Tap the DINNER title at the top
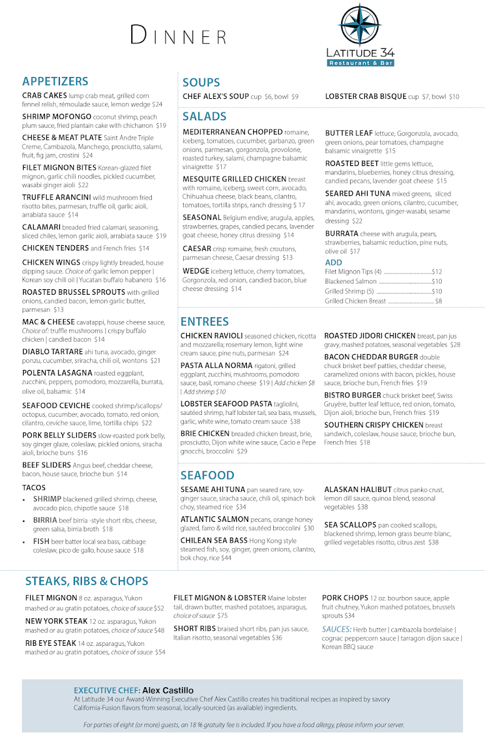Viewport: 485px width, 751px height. point(178,36)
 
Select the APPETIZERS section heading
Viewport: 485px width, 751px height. point(55,81)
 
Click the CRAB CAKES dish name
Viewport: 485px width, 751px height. point(45,95)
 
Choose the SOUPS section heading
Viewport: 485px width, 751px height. point(201,83)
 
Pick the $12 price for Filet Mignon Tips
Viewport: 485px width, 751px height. point(437,272)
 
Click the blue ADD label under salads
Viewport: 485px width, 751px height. point(334,262)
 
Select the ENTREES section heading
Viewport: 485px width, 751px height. point(204,322)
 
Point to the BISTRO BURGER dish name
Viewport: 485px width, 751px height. point(352,396)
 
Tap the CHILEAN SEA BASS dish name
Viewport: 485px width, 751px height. point(213,540)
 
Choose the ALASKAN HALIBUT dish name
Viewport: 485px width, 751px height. point(357,489)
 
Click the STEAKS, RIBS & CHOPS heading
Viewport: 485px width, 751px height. point(86,581)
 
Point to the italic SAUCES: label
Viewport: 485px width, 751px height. point(336,630)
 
